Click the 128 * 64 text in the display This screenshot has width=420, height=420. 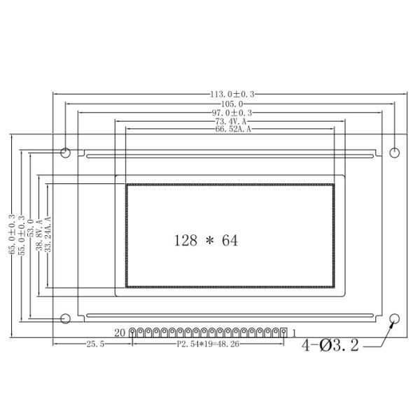[206, 241]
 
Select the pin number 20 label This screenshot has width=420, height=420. [119, 332]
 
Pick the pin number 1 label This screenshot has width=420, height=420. [295, 332]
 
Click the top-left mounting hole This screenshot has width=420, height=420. [66, 152]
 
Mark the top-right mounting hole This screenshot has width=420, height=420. [394, 152]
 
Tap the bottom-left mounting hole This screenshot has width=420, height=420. [66, 319]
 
